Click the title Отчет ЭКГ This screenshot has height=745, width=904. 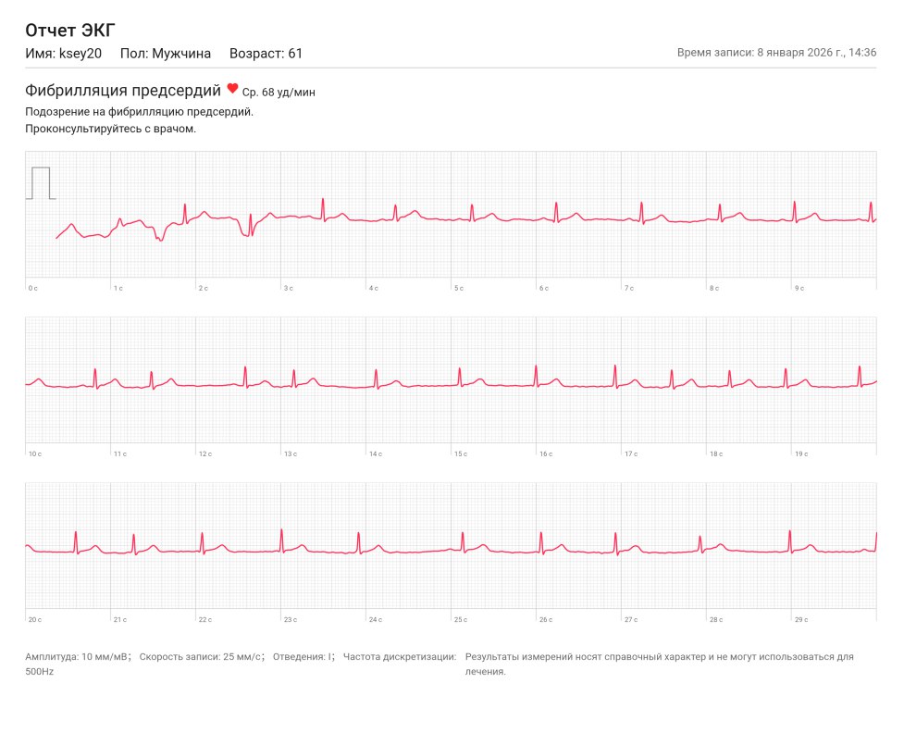tap(69, 31)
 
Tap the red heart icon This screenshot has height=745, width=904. tap(232, 89)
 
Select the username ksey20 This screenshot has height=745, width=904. tap(80, 54)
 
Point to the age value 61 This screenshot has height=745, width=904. tap(295, 54)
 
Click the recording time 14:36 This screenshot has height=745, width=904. tap(862, 53)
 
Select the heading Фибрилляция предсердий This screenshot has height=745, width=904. tap(123, 91)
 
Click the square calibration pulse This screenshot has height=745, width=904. tap(40, 182)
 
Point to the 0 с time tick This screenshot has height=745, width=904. tap(32, 289)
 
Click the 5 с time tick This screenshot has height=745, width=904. tap(458, 289)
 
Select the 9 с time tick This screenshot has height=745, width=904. tap(799, 289)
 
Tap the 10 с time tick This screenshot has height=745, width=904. tap(34, 454)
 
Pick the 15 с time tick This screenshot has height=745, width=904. tap(460, 454)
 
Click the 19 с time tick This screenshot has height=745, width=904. tap(800, 454)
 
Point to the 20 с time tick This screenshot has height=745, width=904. tap(34, 619)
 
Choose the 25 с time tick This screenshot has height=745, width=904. tap(460, 619)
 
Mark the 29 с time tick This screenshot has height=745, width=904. tap(800, 619)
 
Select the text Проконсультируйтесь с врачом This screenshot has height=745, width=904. tap(111, 129)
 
